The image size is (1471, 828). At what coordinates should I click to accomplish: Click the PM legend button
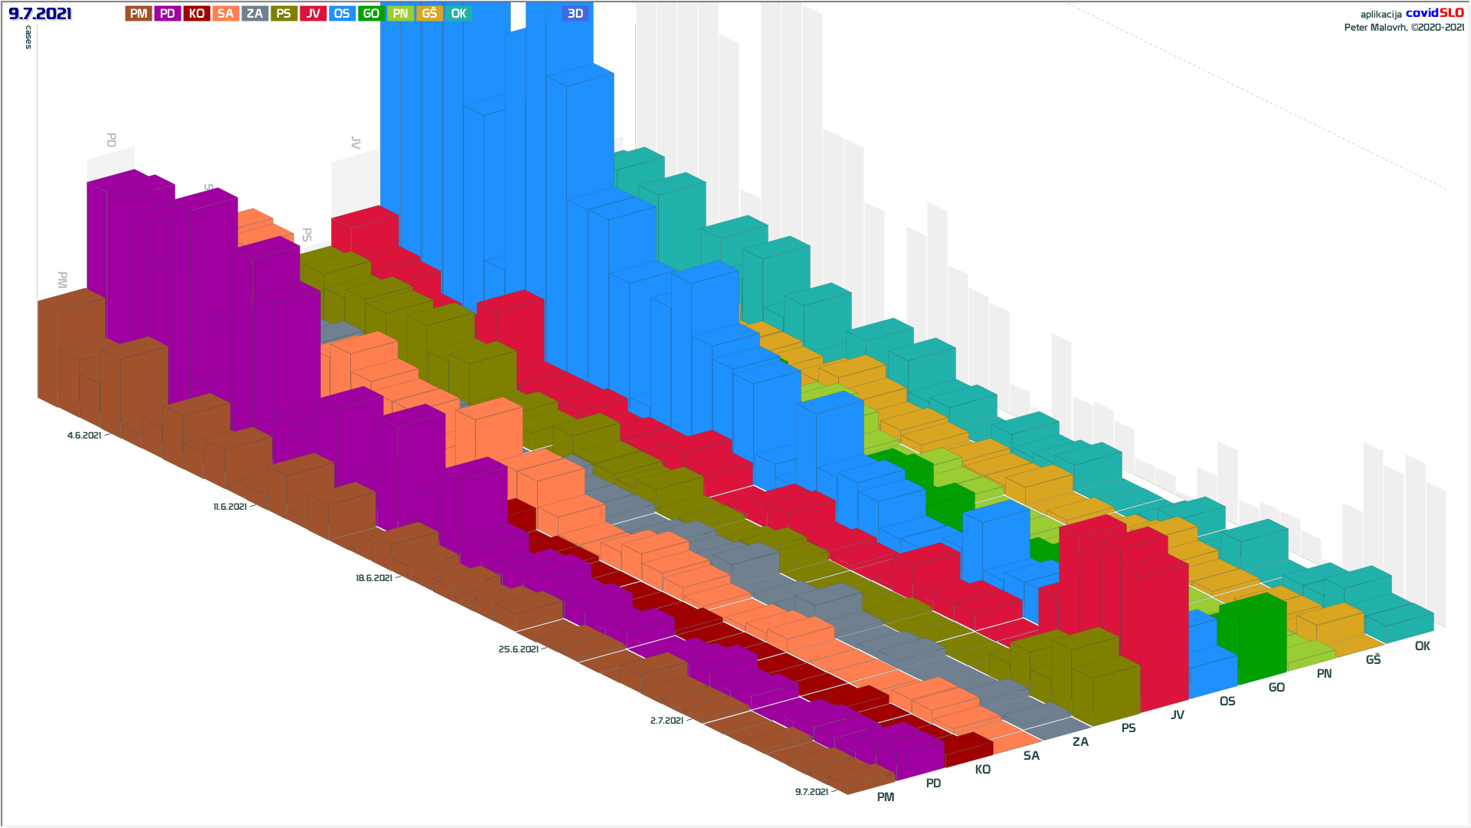(x=138, y=14)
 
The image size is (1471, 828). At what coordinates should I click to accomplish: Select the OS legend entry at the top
(x=342, y=14)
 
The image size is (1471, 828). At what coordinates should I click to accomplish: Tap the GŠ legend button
(x=429, y=14)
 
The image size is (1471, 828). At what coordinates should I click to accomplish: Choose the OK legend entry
(x=458, y=14)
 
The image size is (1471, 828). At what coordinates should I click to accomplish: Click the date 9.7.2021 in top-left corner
(x=40, y=14)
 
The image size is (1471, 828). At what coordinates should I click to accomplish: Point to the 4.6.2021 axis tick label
(x=84, y=435)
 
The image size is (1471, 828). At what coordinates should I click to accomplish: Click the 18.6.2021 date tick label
(x=374, y=578)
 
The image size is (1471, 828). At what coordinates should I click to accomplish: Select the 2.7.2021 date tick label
(x=667, y=721)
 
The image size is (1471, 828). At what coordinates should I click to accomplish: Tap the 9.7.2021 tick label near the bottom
(x=811, y=792)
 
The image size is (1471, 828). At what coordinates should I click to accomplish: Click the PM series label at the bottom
(x=886, y=797)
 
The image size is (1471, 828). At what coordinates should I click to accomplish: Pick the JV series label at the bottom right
(x=1178, y=715)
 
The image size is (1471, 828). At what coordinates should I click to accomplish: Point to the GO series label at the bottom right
(x=1276, y=688)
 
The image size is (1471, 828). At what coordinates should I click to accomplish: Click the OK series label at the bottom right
(x=1423, y=646)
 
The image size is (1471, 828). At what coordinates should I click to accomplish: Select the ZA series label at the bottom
(x=1080, y=742)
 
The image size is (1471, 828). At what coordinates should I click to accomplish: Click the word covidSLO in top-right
(x=1434, y=13)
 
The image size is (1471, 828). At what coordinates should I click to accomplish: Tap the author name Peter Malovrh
(x=1376, y=28)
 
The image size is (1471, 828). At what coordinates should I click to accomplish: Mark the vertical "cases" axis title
(x=29, y=37)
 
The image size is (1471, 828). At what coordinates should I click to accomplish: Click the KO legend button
(x=197, y=14)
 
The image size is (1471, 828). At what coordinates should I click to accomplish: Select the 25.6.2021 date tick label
(x=519, y=649)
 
